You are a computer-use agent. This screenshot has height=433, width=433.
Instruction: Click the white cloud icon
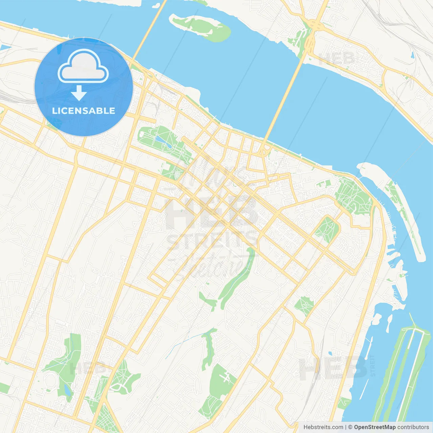(83, 66)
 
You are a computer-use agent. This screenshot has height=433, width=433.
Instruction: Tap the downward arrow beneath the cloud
(79, 93)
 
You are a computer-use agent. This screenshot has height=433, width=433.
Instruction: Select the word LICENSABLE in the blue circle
(84, 111)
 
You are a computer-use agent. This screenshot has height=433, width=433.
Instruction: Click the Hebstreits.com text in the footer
(323, 427)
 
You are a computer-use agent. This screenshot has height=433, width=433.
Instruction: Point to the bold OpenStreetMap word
(374, 427)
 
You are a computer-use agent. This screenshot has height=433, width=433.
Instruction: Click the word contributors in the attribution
(413, 427)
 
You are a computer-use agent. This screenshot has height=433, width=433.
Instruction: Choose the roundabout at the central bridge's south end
(264, 152)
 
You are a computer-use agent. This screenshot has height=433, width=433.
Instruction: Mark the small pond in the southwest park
(67, 390)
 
